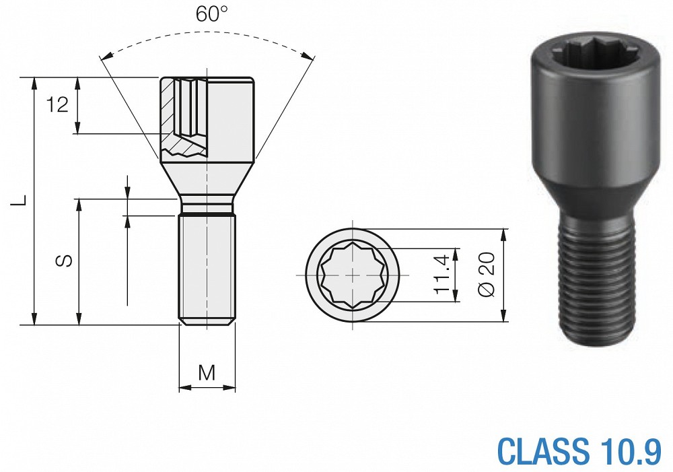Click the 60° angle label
click(211, 13)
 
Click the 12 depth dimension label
click(57, 105)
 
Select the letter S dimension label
click(64, 261)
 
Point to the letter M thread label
click(207, 373)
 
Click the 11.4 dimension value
click(442, 275)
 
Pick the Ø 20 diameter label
click(487, 275)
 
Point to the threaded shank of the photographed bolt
click(598, 283)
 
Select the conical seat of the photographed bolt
click(596, 201)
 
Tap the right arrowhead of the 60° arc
click(307, 57)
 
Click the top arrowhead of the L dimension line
click(34, 84)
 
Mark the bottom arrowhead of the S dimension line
click(79, 318)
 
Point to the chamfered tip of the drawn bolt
click(207, 322)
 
